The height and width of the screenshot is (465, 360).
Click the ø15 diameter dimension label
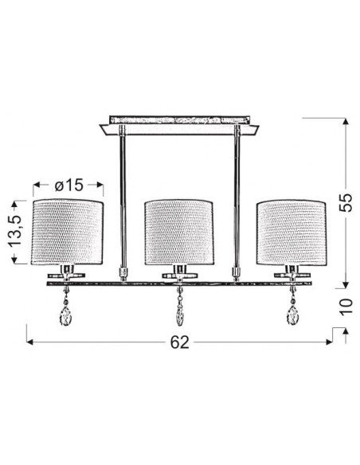[68, 186]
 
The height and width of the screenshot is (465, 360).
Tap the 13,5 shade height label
[14, 231]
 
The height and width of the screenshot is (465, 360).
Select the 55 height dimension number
[346, 202]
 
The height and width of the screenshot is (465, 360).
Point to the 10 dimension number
[346, 307]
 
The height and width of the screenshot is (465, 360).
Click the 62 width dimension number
[180, 342]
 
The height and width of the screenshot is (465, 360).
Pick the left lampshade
[68, 232]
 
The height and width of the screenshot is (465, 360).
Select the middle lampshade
[179, 232]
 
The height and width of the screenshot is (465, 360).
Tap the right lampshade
[292, 232]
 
